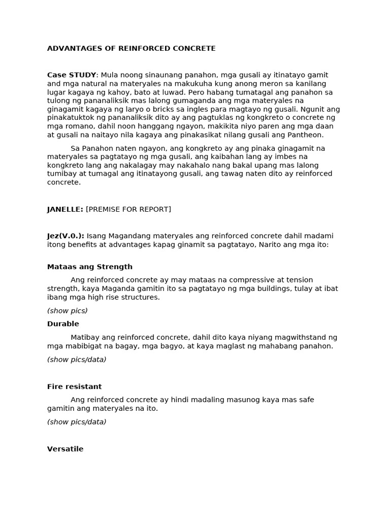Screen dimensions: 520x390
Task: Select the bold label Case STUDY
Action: click(72, 75)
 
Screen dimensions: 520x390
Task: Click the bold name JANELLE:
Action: click(65, 209)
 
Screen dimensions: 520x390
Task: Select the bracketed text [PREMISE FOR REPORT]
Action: click(128, 209)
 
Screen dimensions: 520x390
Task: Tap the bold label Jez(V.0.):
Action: click(66, 236)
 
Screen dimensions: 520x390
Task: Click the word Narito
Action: click(271, 244)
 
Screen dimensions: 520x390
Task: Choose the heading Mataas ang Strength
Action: click(90, 267)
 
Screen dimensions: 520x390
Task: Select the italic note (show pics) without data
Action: click(68, 310)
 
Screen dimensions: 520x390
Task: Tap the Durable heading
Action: click(63, 324)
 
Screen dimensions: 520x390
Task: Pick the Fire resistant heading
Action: click(75, 386)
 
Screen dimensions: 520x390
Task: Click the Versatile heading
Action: click(66, 449)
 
